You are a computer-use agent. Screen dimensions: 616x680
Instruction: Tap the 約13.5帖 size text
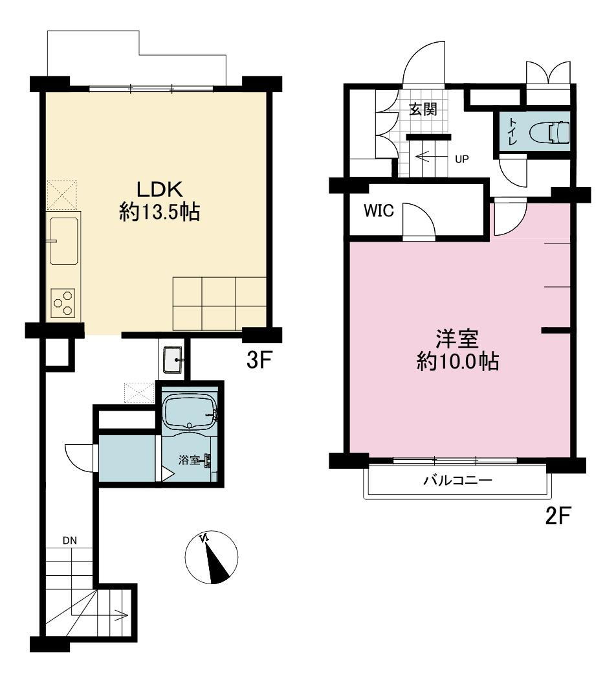(x=159, y=213)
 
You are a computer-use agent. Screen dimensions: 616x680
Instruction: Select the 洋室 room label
(x=457, y=339)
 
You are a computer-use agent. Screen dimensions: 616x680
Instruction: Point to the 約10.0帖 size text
(x=457, y=361)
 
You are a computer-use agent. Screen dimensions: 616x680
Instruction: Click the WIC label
(x=379, y=210)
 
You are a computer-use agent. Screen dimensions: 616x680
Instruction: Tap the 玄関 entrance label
(x=423, y=109)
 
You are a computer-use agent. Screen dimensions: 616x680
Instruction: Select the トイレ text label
(x=512, y=131)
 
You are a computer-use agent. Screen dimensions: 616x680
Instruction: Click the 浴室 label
(x=189, y=460)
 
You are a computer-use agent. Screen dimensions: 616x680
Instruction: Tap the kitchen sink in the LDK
(x=63, y=241)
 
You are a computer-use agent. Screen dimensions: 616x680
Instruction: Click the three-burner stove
(x=63, y=303)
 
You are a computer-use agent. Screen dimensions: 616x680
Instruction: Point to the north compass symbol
(x=212, y=557)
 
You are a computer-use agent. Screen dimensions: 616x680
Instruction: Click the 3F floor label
(x=259, y=359)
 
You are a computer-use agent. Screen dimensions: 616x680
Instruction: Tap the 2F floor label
(x=558, y=516)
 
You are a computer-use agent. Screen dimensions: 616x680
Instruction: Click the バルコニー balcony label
(x=458, y=481)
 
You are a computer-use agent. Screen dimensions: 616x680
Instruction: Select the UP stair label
(x=462, y=159)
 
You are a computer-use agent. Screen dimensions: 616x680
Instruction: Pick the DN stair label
(x=70, y=540)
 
